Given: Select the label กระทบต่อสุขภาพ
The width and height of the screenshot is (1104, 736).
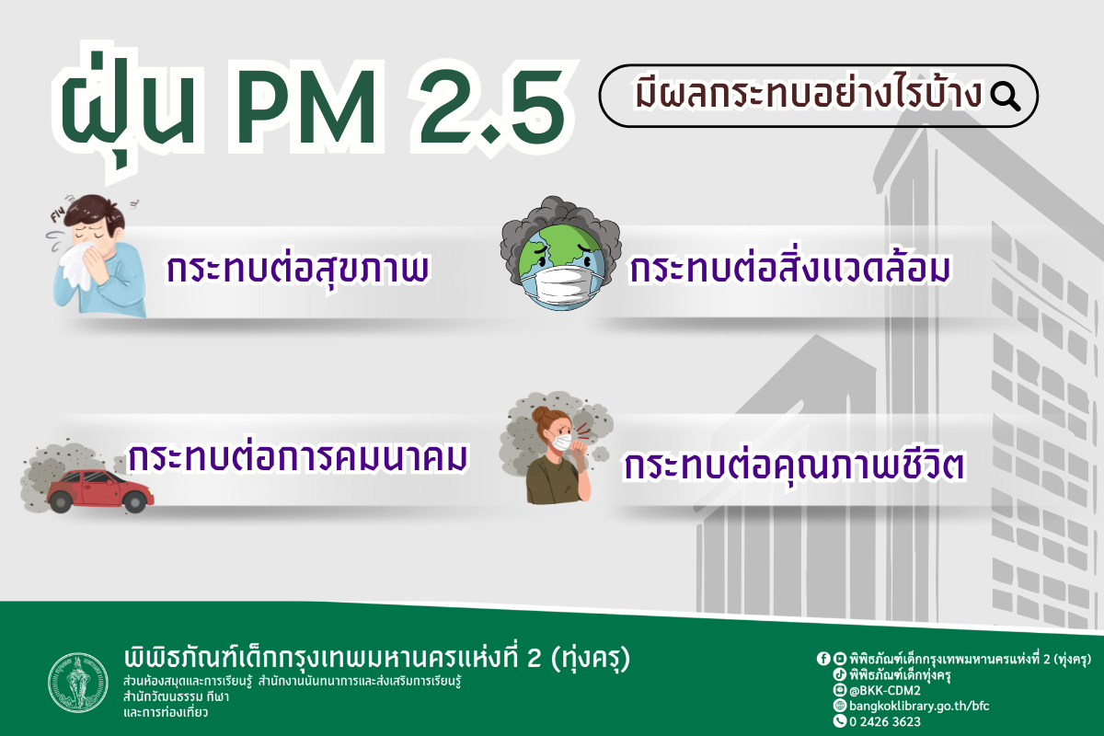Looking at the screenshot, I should [x=299, y=269].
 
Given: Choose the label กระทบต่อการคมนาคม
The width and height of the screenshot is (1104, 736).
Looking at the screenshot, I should [x=300, y=457].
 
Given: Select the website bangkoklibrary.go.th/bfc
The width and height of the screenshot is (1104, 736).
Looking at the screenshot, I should [x=906, y=706].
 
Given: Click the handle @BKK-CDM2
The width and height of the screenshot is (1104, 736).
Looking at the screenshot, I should [x=884, y=690].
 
